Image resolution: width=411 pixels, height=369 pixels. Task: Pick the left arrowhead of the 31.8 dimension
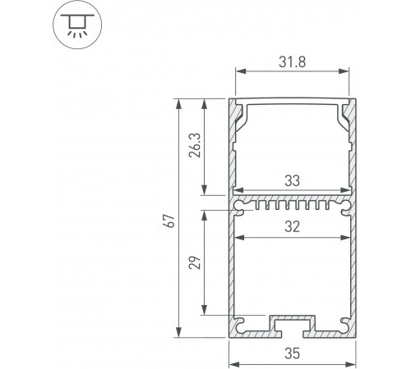point(240,70)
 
